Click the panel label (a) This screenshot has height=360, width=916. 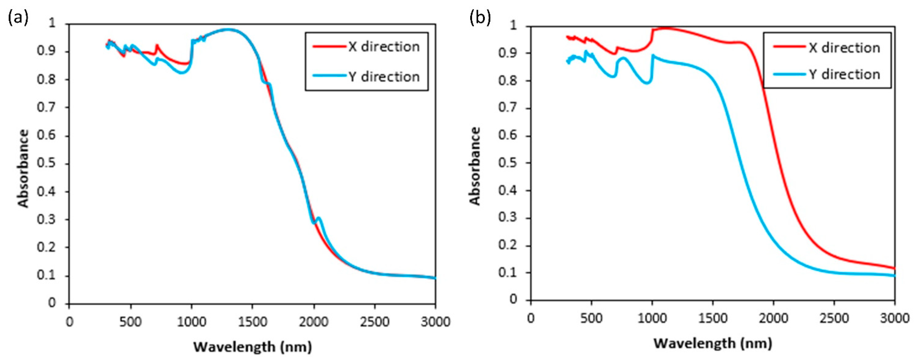(x=18, y=18)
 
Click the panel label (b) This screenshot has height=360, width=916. (x=480, y=18)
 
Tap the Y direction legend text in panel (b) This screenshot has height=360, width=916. (x=844, y=74)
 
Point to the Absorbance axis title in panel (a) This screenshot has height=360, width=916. (x=23, y=168)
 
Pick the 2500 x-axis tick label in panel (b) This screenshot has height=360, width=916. (x=834, y=318)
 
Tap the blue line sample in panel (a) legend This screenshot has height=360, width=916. (x=329, y=76)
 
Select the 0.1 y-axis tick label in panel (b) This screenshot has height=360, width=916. (x=508, y=273)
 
